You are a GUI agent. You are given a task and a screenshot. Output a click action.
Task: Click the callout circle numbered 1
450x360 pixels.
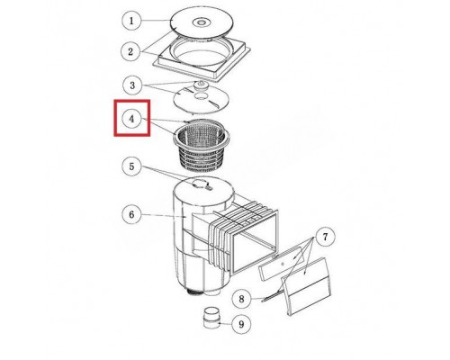[x=131, y=21]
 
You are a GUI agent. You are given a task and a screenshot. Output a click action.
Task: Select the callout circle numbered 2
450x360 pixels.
[x=130, y=51]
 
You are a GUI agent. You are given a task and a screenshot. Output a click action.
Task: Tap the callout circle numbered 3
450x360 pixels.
[x=132, y=85]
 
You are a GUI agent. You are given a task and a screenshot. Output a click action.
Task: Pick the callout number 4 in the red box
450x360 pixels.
[x=132, y=119]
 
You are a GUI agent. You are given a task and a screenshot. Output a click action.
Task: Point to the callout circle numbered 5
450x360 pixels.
[x=131, y=166]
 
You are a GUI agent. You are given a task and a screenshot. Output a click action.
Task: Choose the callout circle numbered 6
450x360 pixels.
[x=131, y=215]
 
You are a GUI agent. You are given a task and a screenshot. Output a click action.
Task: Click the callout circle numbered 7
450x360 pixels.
[x=326, y=238]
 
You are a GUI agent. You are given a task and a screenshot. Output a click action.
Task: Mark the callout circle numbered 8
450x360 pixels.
[x=242, y=299]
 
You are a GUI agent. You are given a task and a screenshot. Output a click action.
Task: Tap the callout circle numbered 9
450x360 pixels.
[x=241, y=324]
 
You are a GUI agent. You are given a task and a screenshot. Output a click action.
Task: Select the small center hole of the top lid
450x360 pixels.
[x=200, y=22]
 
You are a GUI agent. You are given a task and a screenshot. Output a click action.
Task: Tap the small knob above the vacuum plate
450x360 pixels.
[x=200, y=85]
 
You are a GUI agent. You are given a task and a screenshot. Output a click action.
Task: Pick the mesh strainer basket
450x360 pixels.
[x=201, y=145]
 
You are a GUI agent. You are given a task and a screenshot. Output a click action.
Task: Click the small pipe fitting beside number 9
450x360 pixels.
[x=211, y=318]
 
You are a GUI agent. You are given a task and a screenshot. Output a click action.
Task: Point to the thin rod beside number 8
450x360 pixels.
[x=273, y=295]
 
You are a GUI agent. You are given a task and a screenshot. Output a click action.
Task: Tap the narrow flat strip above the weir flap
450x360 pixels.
[x=281, y=263]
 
